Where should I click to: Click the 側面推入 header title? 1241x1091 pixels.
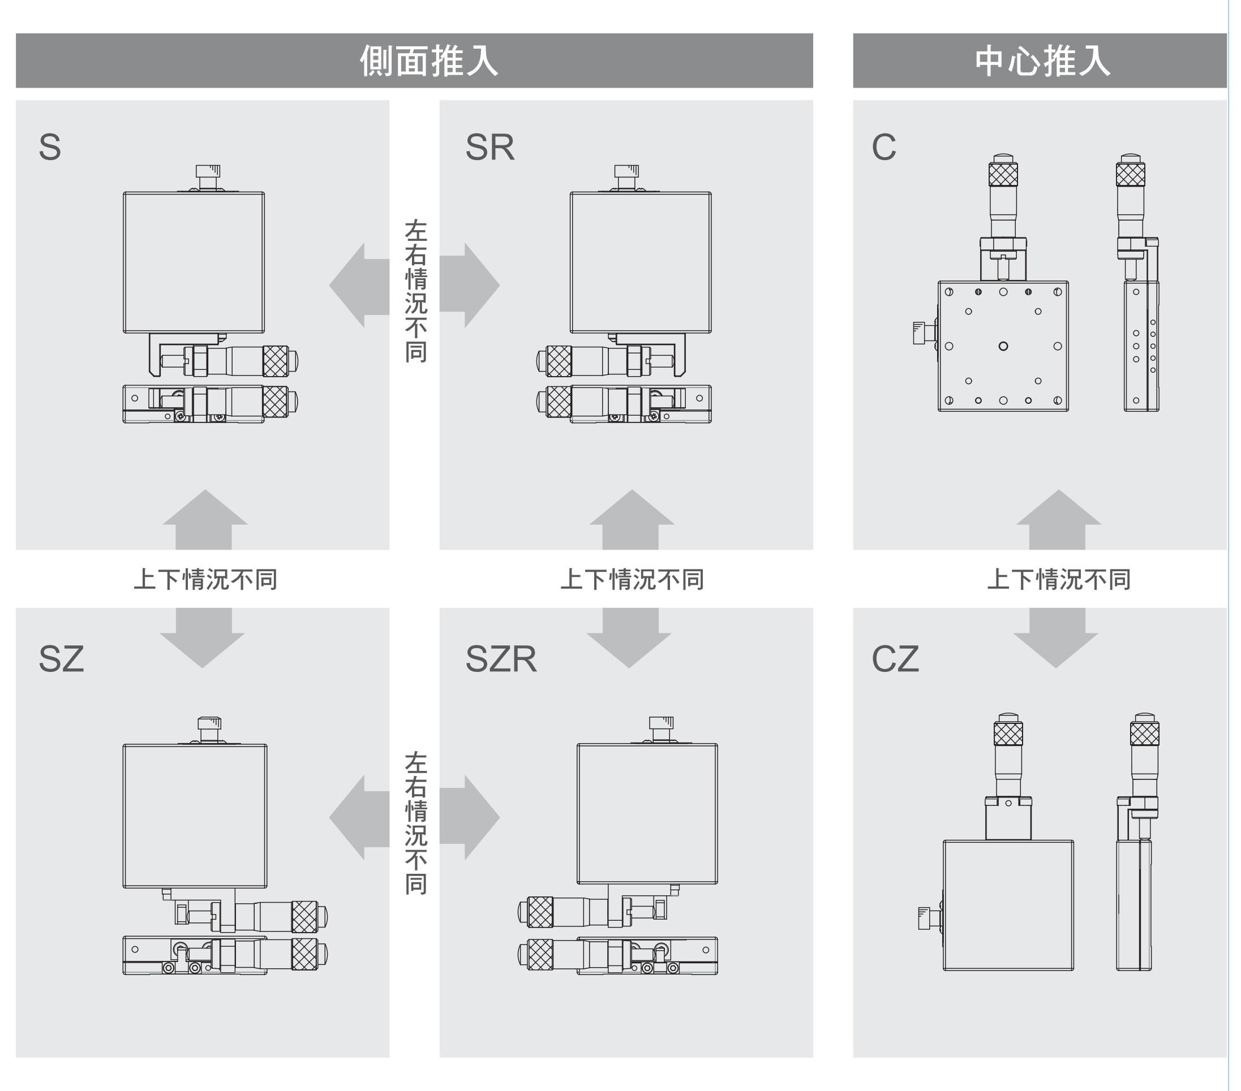[x=428, y=61]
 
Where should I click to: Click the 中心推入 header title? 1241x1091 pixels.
[x=1042, y=61]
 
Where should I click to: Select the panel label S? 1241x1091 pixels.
[x=50, y=148]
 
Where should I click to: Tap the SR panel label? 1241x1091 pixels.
[x=489, y=148]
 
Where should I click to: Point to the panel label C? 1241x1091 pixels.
[x=883, y=148]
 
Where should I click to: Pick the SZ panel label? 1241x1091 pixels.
[x=61, y=659]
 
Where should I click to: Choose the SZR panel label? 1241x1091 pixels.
[x=501, y=659]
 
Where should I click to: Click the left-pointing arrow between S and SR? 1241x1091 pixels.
[x=358, y=285]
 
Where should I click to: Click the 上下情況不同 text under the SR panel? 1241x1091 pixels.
[x=632, y=580]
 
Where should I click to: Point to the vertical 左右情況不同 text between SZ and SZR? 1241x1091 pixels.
[x=416, y=823]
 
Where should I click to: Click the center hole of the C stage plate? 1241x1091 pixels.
[x=1003, y=346]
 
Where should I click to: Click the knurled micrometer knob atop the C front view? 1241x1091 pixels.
[x=1003, y=174]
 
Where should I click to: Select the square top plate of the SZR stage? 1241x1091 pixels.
[x=647, y=814]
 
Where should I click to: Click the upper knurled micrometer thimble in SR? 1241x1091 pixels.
[x=559, y=361]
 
